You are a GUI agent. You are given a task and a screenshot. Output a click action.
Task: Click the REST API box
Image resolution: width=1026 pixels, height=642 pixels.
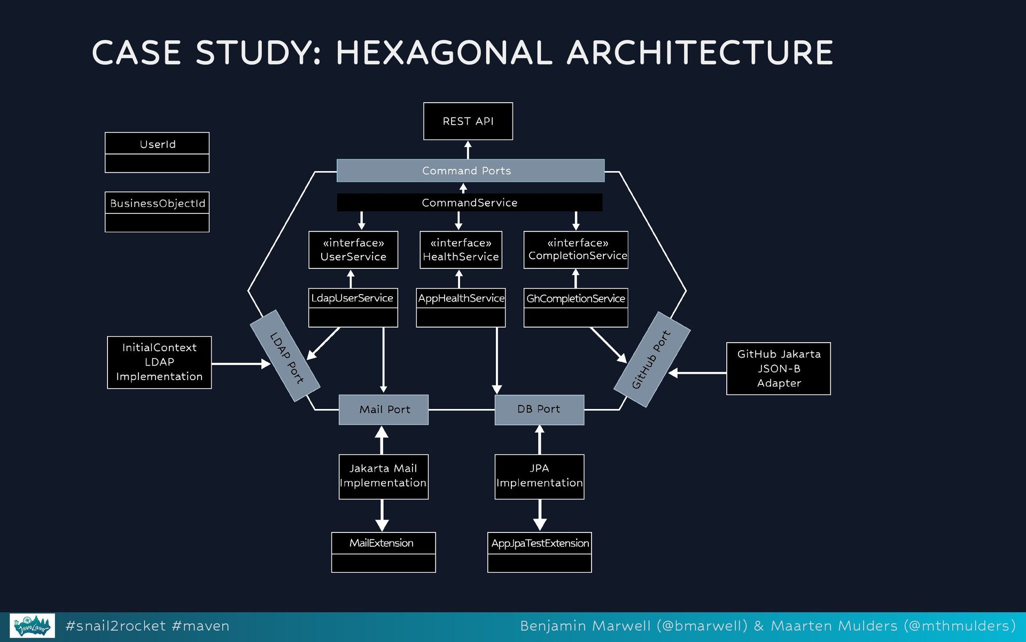pos(468,121)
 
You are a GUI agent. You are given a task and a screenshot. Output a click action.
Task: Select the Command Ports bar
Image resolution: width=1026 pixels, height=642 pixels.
pos(470,171)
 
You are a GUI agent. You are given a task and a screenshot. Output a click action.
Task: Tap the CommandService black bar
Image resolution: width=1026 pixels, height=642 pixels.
pos(469,203)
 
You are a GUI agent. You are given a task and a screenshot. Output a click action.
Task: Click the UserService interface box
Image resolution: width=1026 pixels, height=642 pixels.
pos(353,250)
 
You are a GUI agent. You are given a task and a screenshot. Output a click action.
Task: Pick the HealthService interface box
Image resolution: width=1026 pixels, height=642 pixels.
pos(461,250)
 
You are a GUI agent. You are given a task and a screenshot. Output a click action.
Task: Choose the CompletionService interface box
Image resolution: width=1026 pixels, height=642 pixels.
pos(576,250)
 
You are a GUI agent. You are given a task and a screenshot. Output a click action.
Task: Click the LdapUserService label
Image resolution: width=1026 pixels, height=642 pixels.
pos(353,298)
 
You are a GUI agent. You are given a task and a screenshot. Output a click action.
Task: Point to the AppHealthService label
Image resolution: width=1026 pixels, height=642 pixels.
pos(461,298)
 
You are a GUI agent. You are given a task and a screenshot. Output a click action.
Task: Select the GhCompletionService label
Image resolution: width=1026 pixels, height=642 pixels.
pos(576,298)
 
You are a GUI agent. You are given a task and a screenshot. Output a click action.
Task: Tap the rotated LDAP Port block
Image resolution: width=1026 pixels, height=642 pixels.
pos(285,356)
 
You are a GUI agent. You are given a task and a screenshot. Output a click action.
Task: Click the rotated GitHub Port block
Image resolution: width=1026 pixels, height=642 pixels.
pos(652,359)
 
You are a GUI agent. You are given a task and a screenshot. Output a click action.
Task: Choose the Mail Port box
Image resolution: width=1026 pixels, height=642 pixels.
pos(384,409)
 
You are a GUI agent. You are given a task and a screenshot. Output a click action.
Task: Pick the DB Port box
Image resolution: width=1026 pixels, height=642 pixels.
pos(539,409)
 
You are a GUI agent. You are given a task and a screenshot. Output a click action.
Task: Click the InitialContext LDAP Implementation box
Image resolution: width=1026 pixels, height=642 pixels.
pos(159,362)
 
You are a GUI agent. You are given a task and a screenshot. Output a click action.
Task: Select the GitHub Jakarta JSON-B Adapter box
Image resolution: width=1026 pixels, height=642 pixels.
pos(778,368)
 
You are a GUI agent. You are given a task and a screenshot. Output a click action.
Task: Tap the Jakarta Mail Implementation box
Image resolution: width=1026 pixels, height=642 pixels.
pos(383,476)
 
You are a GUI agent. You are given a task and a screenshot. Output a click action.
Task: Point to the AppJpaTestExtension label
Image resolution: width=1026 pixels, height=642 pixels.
pos(539,543)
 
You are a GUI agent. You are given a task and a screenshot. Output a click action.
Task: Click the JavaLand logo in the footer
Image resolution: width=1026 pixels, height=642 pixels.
pos(32,625)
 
